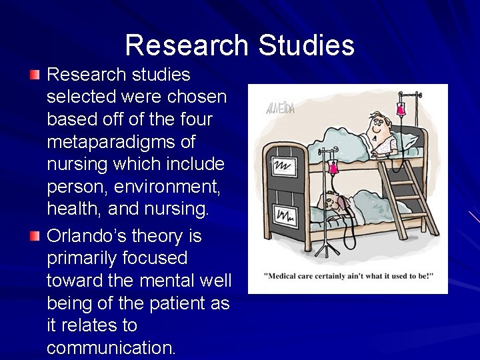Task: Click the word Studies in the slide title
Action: tap(306, 45)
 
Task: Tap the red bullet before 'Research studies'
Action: tap(35, 73)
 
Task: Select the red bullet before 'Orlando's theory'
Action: tap(35, 235)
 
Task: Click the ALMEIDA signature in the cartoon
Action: tap(280, 108)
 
